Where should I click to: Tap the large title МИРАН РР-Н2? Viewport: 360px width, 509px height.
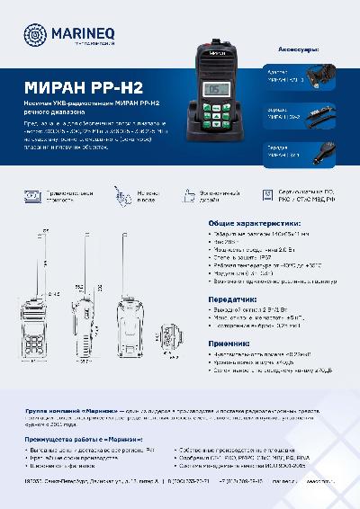[77, 88]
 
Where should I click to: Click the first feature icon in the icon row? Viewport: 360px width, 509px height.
[32, 196]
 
